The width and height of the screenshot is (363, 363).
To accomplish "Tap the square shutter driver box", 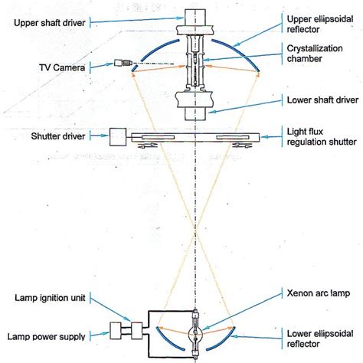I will pyautogui.click(x=119, y=136).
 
